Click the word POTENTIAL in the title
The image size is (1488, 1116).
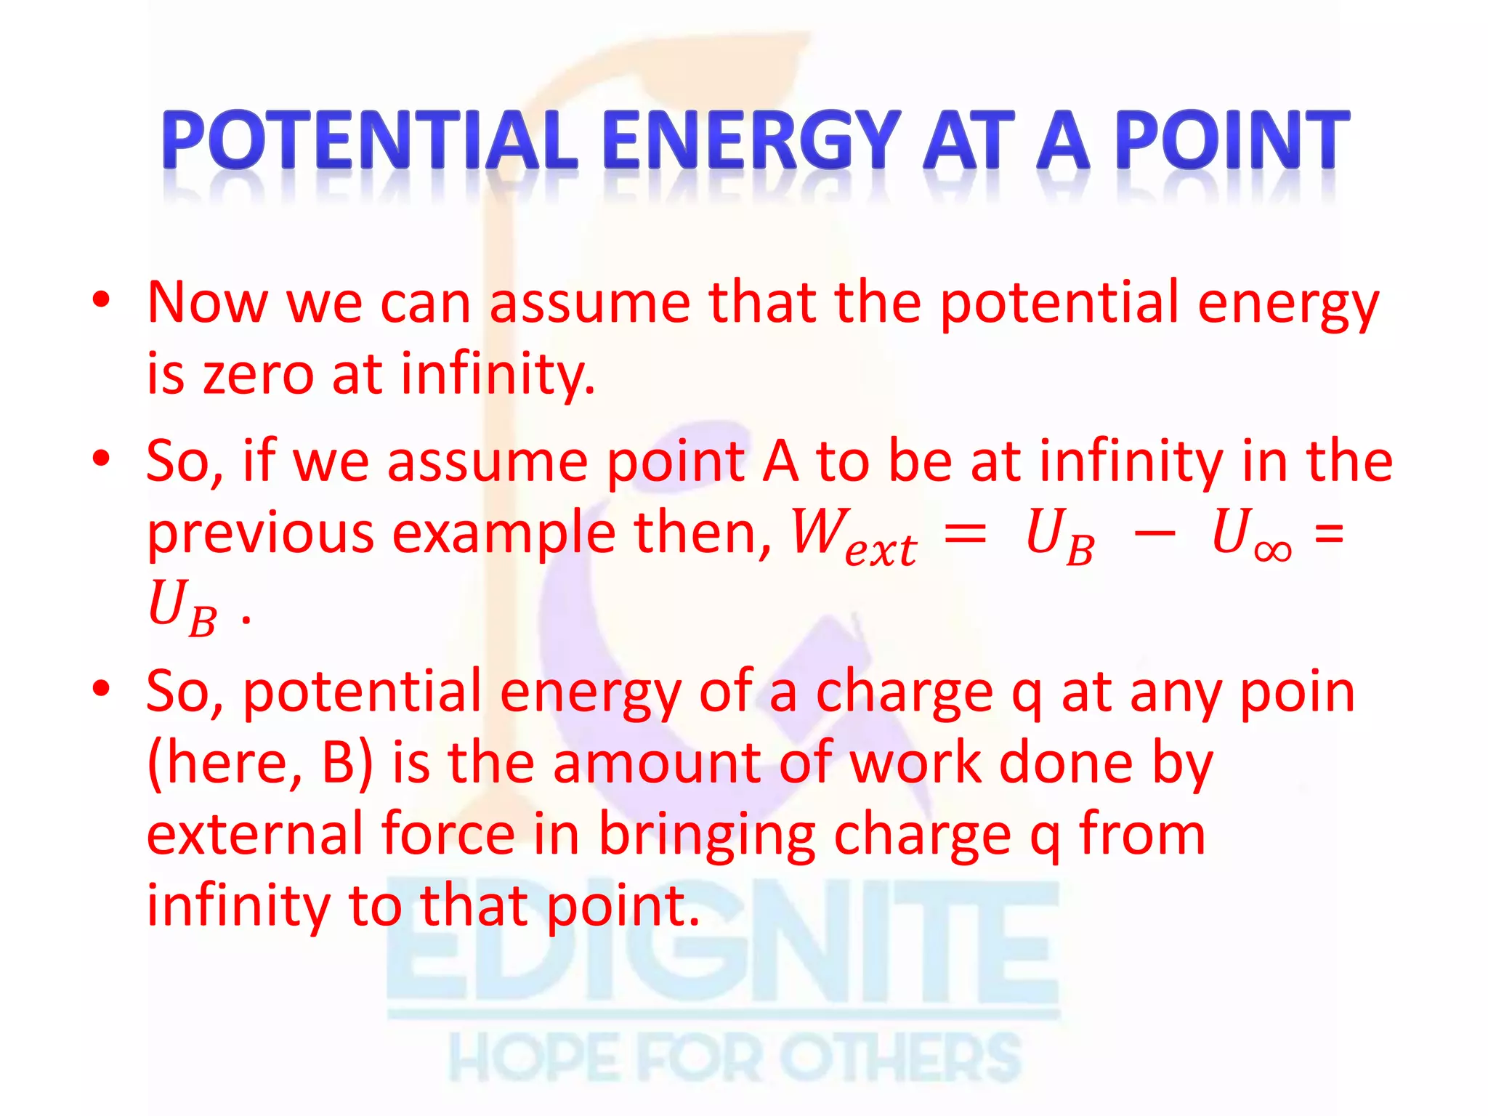click(x=369, y=139)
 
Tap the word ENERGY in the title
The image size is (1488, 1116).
click(x=751, y=139)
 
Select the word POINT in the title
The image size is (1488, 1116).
click(x=1232, y=139)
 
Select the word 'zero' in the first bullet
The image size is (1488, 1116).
click(x=257, y=373)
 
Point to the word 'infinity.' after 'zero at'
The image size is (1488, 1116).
click(x=498, y=375)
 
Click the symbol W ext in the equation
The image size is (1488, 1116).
click(x=853, y=535)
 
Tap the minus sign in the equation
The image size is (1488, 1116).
click(x=1154, y=534)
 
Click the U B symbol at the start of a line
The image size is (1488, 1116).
click(x=182, y=607)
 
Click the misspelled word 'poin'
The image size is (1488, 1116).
click(x=1297, y=692)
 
